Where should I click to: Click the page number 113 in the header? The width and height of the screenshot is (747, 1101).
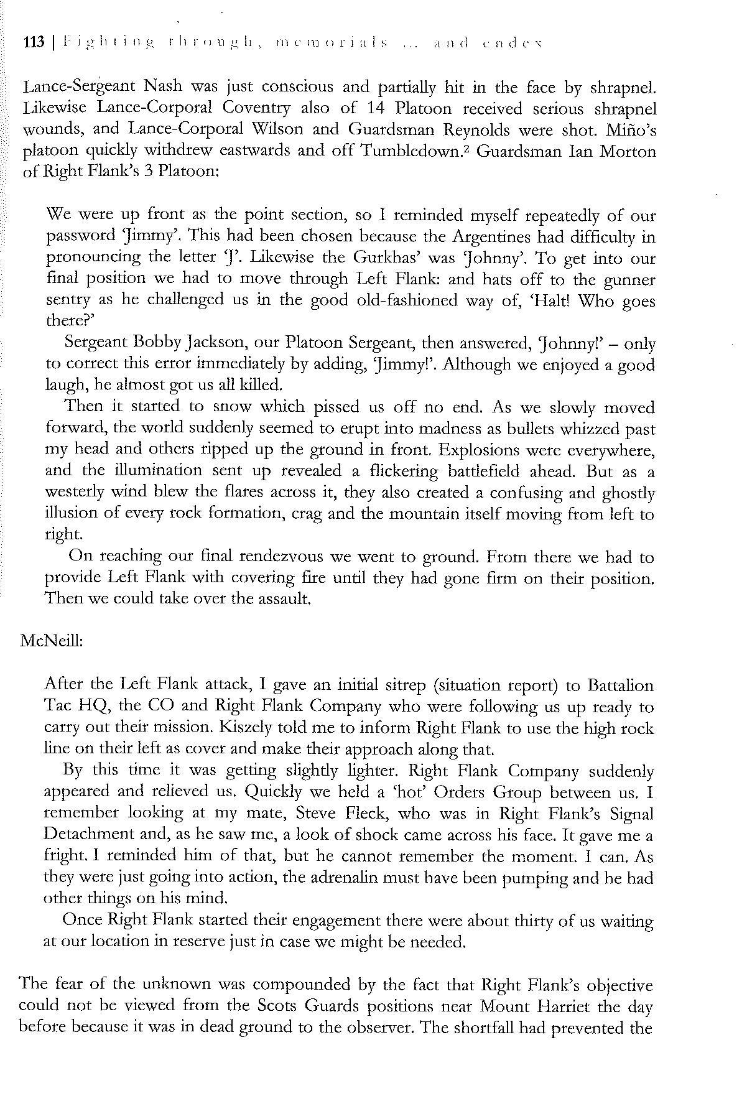click(34, 44)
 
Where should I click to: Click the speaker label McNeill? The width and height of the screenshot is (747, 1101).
click(52, 641)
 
